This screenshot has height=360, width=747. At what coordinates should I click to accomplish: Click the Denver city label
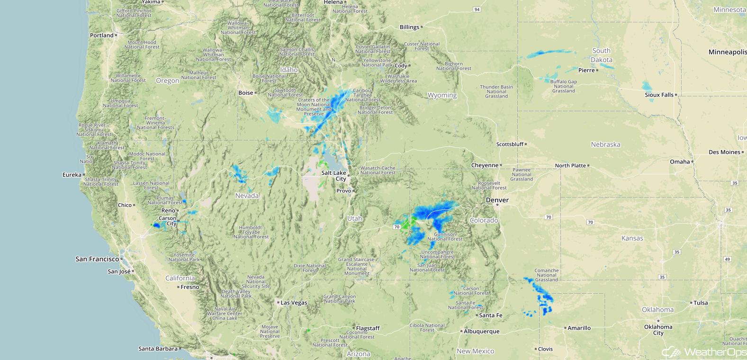(x=497, y=200)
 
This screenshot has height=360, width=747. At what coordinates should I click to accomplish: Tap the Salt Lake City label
(x=334, y=176)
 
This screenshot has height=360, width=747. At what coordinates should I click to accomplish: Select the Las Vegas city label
(x=294, y=303)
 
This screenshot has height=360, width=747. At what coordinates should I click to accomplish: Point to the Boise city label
(x=246, y=93)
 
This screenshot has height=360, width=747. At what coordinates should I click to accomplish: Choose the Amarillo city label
(x=579, y=328)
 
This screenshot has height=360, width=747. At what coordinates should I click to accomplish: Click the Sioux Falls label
(x=659, y=95)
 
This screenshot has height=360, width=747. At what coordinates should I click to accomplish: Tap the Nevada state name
(x=247, y=196)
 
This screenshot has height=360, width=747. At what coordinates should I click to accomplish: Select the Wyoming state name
(x=442, y=95)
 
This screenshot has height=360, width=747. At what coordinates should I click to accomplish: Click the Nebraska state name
(x=605, y=144)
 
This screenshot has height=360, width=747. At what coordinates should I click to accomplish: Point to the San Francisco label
(x=97, y=259)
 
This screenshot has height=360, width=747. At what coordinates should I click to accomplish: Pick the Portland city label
(x=102, y=36)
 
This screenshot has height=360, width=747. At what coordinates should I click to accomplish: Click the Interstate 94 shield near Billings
(x=477, y=9)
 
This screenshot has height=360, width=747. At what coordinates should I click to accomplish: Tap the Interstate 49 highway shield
(x=728, y=259)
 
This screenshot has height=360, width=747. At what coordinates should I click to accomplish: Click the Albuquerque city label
(x=481, y=332)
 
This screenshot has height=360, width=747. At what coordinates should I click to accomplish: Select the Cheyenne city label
(x=485, y=165)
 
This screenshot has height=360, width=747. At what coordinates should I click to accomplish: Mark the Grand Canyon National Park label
(x=340, y=299)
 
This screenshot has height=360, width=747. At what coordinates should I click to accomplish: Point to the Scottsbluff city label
(x=510, y=144)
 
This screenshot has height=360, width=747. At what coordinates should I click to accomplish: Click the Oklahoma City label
(x=658, y=330)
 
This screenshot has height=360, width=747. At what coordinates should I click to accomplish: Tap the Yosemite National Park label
(x=184, y=257)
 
